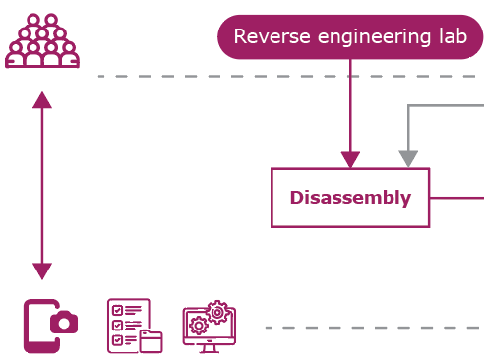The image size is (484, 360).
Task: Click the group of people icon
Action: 41,41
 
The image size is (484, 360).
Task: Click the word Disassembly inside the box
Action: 350,198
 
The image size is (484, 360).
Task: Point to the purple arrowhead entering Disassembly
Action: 350,160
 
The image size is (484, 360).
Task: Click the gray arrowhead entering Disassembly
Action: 408,159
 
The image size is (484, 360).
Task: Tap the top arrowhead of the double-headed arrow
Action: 41,100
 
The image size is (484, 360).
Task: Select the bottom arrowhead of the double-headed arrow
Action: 41,270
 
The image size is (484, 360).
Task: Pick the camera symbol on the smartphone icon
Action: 64,323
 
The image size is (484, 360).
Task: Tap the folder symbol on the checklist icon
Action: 151,341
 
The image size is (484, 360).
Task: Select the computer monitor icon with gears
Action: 209,328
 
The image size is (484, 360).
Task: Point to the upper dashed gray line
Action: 285,76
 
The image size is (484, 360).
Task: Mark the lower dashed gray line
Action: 374,328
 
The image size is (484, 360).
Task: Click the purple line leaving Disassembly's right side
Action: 456,198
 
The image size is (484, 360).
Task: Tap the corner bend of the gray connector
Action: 409,105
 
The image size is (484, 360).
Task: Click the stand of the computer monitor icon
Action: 208,347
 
